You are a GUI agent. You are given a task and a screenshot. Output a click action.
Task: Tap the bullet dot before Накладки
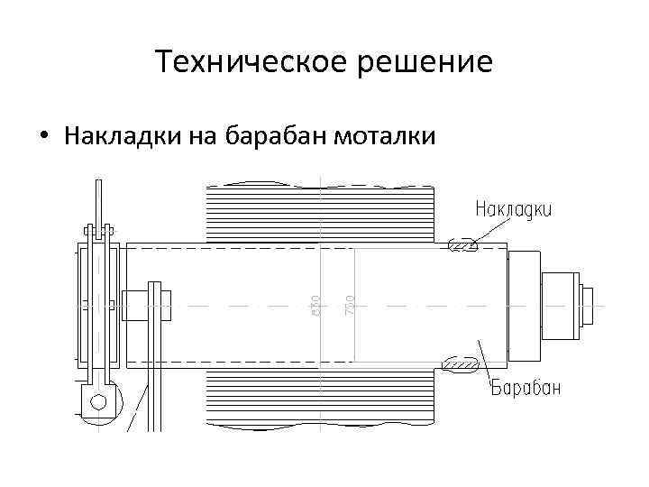[42, 136]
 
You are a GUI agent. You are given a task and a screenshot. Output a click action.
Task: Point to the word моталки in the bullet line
[385, 135]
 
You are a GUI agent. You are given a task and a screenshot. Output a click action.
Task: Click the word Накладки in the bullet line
[114, 135]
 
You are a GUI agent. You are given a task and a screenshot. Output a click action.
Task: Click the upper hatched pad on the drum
[462, 244]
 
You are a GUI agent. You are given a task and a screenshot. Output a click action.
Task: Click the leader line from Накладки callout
[481, 234]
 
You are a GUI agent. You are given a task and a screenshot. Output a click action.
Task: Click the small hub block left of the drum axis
[135, 304]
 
